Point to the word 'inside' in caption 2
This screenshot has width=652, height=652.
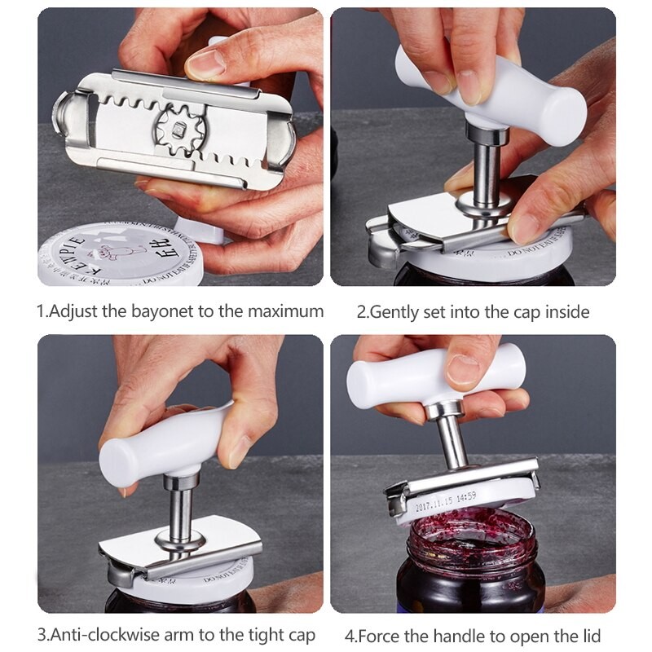click(566, 311)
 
